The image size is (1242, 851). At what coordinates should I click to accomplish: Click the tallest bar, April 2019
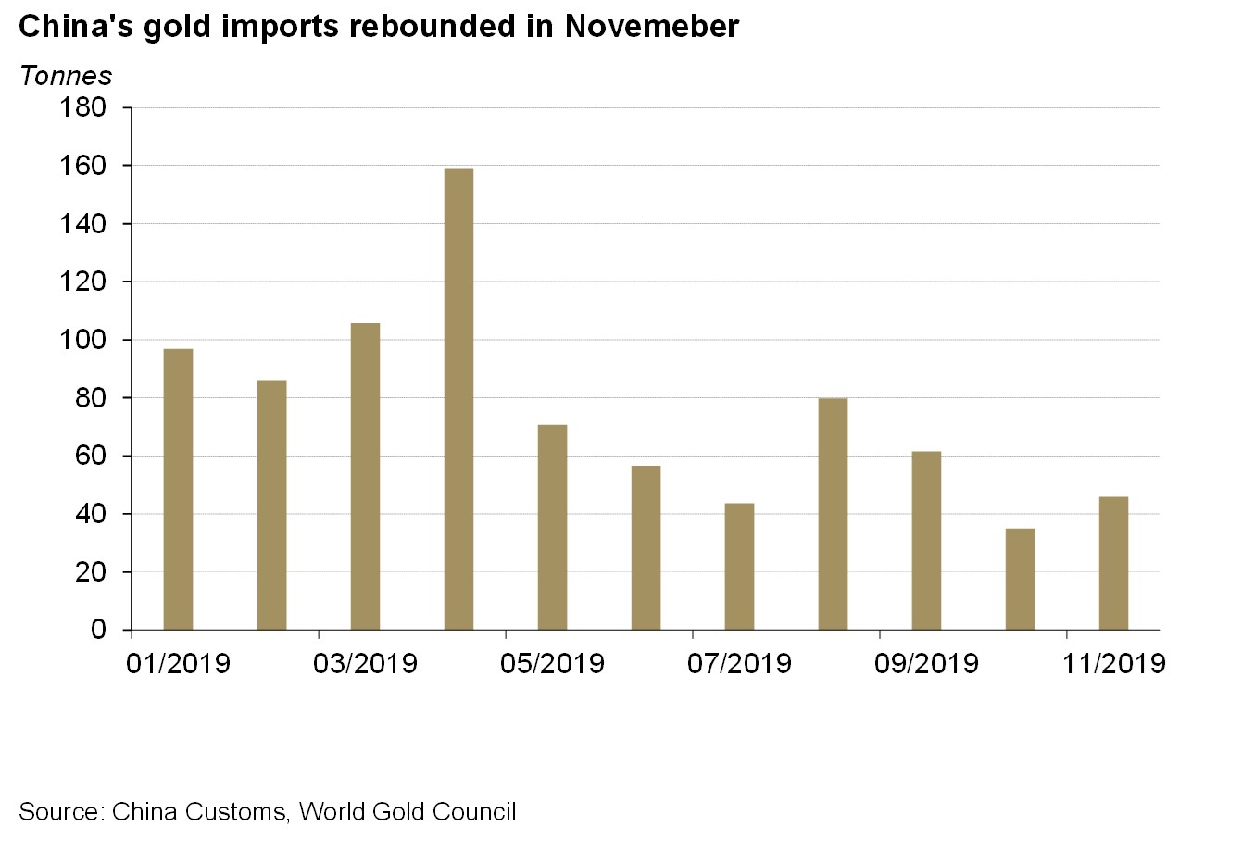click(x=458, y=398)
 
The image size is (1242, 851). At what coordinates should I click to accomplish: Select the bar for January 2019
click(x=178, y=489)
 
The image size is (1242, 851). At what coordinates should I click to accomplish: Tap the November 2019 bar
click(x=1113, y=563)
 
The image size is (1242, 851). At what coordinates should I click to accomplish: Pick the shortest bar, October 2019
click(x=1020, y=579)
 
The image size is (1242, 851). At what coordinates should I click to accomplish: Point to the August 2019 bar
click(x=833, y=514)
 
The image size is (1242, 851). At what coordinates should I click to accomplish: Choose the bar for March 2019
click(x=365, y=476)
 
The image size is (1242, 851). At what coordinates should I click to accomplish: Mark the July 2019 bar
click(x=739, y=566)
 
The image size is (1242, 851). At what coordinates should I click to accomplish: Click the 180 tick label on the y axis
click(x=83, y=108)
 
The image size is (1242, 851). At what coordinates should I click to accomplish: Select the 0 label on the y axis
click(x=99, y=631)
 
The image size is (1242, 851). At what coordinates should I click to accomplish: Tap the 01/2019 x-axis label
click(x=178, y=663)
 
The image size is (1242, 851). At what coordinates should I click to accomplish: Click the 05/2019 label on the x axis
click(x=552, y=663)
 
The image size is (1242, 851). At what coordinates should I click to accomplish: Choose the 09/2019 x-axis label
click(x=926, y=663)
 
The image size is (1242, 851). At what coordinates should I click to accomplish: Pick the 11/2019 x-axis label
click(x=1113, y=663)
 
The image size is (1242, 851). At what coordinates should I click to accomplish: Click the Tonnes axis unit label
click(x=66, y=76)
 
